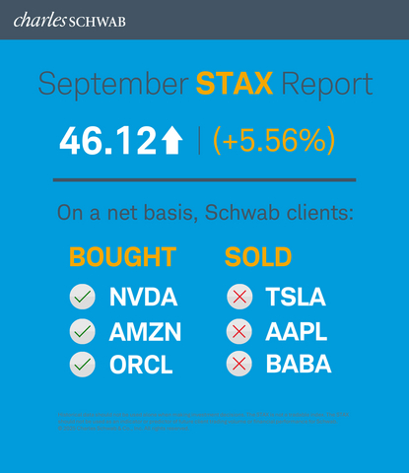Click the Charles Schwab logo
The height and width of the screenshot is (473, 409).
click(61, 19)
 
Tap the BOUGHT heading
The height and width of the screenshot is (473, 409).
click(122, 258)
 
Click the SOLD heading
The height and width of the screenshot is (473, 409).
click(258, 258)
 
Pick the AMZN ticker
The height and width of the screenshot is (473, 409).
click(144, 331)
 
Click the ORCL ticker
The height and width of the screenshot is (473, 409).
click(141, 365)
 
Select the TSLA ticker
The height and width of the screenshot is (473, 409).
click(295, 297)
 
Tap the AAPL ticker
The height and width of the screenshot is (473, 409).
click(296, 331)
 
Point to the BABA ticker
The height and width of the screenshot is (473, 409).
click(298, 365)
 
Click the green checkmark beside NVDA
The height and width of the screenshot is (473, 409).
click(83, 297)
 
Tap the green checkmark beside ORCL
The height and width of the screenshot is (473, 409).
click(83, 365)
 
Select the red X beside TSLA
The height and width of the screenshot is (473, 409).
click(238, 297)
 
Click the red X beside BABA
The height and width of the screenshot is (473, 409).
click(238, 365)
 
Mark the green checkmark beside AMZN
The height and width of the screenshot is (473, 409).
click(83, 331)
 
